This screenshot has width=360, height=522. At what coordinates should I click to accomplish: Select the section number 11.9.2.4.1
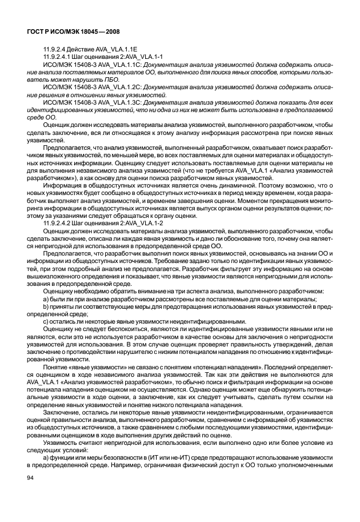[x=57, y=58]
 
